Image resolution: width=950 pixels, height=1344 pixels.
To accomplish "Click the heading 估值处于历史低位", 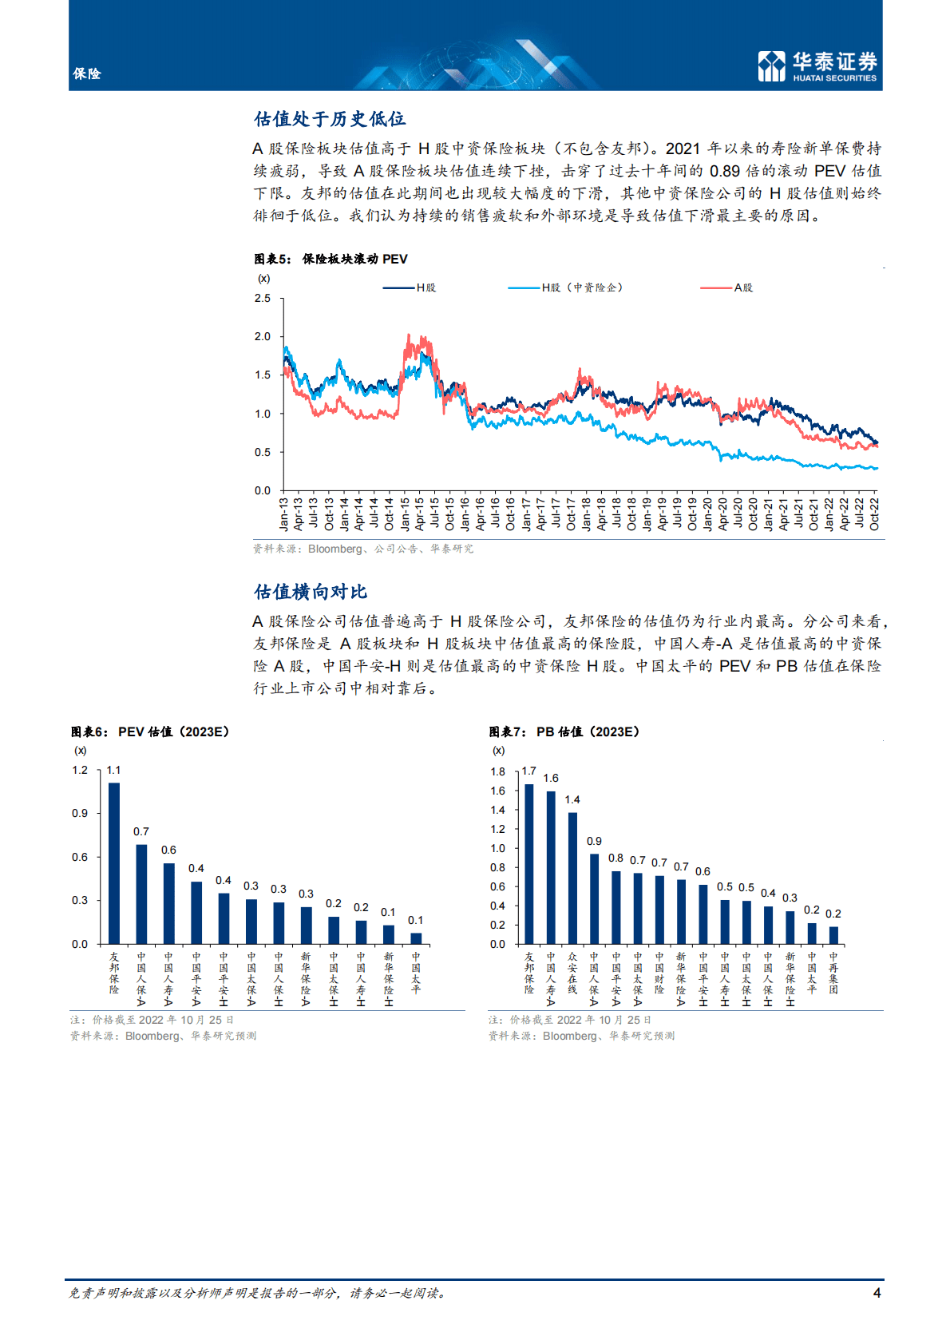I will (330, 119).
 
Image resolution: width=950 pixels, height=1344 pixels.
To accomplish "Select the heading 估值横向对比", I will (311, 592).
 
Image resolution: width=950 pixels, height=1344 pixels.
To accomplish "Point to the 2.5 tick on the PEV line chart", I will (263, 298).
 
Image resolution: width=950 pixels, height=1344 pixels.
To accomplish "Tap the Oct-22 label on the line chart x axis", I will (875, 514).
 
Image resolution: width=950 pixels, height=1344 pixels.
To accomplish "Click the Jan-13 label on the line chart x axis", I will (283, 514).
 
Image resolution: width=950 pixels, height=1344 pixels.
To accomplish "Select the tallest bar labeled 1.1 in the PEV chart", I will (114, 863).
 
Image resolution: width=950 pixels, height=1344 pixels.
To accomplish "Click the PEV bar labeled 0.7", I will (141, 894).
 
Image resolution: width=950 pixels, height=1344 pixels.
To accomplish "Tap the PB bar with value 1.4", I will (572, 878).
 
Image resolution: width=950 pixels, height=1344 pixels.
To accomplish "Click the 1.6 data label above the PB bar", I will (551, 778).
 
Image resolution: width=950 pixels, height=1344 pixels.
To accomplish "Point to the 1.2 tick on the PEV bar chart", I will (80, 770).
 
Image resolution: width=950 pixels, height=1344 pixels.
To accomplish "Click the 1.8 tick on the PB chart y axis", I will (497, 771).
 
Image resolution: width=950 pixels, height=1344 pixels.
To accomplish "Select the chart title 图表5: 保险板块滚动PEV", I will (331, 259).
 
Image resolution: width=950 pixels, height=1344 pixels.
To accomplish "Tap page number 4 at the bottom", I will (877, 1293).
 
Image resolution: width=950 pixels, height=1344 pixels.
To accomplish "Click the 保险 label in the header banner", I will (87, 73).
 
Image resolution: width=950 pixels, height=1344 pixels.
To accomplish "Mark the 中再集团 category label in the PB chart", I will (833, 973).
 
